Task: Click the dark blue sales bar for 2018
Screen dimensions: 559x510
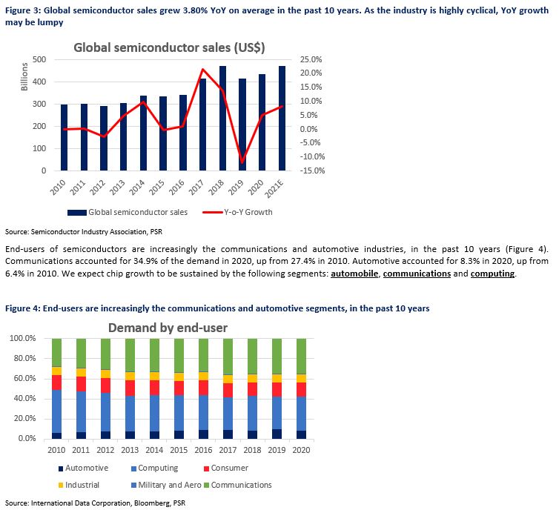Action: tap(222, 119)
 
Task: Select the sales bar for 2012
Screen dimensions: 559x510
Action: tap(103, 139)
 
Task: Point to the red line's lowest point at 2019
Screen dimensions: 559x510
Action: tap(242, 163)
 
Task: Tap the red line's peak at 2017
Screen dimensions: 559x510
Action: tap(203, 70)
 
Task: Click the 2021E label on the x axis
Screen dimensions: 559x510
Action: tap(274, 188)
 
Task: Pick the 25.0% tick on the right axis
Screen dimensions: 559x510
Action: tap(311, 59)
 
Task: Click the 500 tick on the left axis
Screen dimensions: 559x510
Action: tap(39, 59)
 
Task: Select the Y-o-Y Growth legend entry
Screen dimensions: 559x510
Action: tap(237, 212)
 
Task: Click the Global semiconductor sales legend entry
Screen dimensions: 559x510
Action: tap(128, 212)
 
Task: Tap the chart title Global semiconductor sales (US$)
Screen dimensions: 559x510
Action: tap(169, 47)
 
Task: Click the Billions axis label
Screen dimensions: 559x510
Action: tap(24, 76)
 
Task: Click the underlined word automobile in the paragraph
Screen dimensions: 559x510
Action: tap(354, 274)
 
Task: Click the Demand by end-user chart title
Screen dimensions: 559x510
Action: tap(168, 328)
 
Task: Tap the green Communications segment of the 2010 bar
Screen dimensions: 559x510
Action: tap(56, 352)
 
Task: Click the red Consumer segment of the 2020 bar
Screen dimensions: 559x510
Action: tap(301, 389)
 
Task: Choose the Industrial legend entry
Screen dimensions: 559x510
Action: tap(79, 485)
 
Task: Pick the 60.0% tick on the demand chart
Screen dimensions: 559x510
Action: tap(24, 378)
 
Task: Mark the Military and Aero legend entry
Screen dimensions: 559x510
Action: tap(166, 485)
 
